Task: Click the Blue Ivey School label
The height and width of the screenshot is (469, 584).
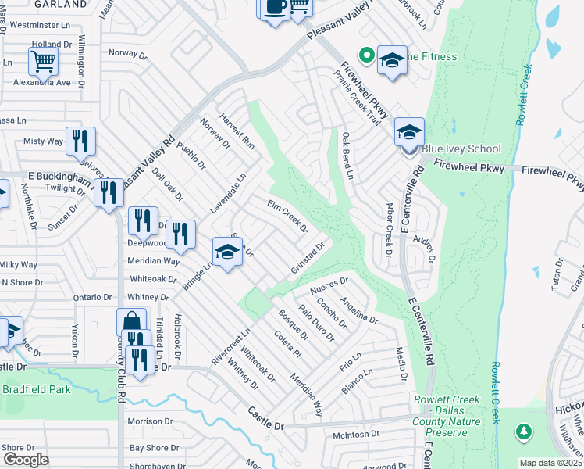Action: pos(461,149)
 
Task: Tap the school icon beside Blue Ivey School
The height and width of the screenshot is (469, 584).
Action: pos(408,132)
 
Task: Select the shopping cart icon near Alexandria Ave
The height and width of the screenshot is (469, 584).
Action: pos(43,62)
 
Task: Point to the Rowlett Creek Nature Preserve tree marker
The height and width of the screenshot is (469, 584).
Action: pos(523,431)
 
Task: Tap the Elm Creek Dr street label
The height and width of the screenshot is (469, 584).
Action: pos(287,217)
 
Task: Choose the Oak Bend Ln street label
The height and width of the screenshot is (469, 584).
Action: pos(347,154)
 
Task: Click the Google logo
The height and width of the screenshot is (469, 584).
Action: pos(26,459)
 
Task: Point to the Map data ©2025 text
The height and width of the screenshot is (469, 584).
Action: pos(550,463)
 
